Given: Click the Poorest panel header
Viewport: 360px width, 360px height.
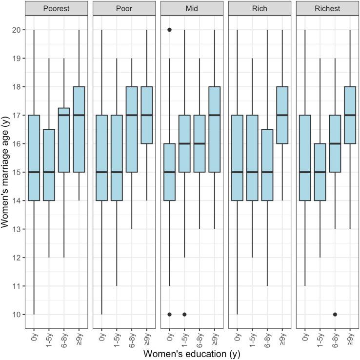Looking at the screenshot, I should [x=56, y=8].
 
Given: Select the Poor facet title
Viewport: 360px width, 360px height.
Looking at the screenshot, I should [x=124, y=8].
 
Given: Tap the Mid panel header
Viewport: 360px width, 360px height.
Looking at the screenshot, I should [x=192, y=8].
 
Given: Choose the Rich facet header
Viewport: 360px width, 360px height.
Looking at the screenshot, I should [x=260, y=8].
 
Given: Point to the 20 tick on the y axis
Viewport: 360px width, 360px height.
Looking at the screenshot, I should [x=16, y=30].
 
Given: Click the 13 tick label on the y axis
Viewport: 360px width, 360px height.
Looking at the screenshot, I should [x=16, y=229].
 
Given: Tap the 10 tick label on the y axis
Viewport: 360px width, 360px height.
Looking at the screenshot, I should [x=16, y=314].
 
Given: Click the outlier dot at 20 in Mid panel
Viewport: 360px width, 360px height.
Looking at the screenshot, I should [x=169, y=30].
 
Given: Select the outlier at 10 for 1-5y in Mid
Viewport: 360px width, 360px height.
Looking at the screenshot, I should [x=184, y=314].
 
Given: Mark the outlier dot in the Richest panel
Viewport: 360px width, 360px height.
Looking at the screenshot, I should [x=335, y=314].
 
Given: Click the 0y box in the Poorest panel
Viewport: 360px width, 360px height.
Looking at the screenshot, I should [x=34, y=158].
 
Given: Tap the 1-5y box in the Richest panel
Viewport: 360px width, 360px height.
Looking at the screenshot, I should [x=320, y=172].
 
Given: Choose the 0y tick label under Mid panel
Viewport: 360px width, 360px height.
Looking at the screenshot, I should [x=170, y=336].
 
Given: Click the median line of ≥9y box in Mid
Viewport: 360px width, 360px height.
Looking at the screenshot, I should [x=214, y=115].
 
